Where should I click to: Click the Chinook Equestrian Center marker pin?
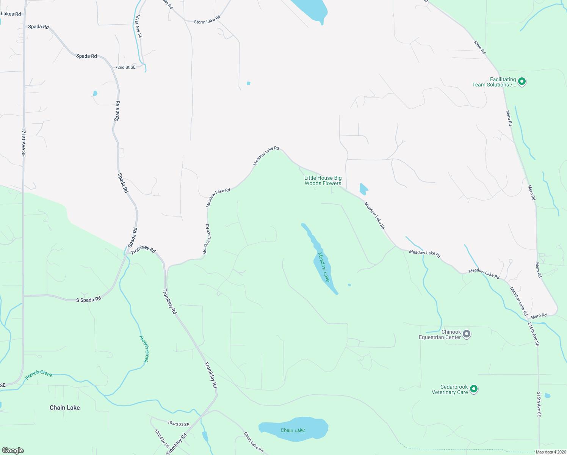point(467,334)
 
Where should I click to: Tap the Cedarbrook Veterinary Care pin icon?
point(473,389)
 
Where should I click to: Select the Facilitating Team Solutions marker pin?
point(522,82)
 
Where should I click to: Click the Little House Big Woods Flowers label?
point(323,180)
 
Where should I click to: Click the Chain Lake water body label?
point(293,430)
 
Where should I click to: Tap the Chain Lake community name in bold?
point(65,408)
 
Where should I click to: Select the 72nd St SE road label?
point(125,67)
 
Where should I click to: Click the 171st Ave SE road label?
point(23,142)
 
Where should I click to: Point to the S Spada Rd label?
point(89,299)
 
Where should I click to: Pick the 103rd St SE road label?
point(178,424)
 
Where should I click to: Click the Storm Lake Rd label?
point(207,20)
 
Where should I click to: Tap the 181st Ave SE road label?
point(139,26)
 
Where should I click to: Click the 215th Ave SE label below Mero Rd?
point(534,334)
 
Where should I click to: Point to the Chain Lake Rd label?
point(253,442)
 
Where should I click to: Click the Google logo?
point(13,450)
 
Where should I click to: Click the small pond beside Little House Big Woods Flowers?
point(363,188)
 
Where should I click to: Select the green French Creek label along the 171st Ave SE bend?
point(39,374)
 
